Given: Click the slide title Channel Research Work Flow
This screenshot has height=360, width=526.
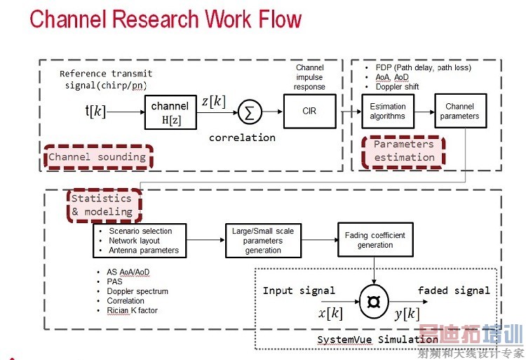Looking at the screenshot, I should point(166,19).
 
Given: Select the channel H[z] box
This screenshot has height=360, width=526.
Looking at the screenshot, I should point(170,112).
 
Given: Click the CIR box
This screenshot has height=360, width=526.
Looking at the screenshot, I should point(309,111).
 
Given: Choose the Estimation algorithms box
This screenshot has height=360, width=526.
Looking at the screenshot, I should point(387,111).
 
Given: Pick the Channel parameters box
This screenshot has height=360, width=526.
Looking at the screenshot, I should point(459,111).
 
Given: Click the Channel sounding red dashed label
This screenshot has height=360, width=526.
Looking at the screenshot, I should point(97,157).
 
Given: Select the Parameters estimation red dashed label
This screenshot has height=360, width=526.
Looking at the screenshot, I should point(404,151).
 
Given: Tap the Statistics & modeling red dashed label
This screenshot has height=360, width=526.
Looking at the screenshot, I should point(102,205).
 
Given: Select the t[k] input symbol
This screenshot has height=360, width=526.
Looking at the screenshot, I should point(95,111).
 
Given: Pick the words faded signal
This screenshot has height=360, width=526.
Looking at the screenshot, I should point(454,290).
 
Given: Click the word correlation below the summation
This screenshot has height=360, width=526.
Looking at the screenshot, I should point(242,138).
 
